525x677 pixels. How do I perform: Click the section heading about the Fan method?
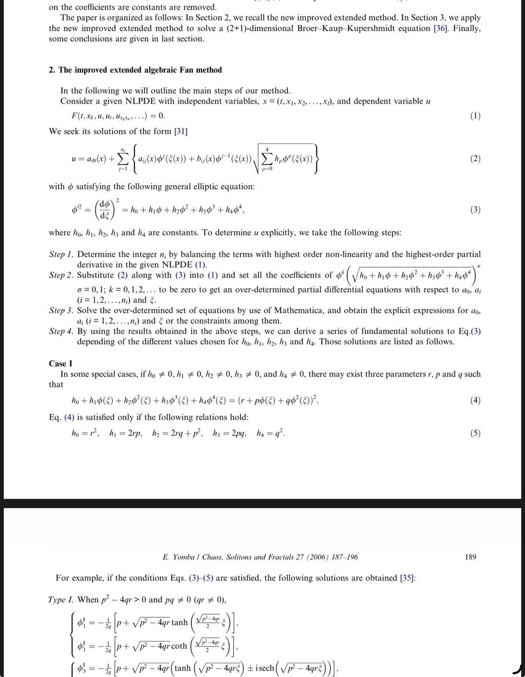click(x=135, y=70)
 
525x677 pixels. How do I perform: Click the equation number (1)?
click(x=475, y=116)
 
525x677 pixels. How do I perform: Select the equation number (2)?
click(x=475, y=159)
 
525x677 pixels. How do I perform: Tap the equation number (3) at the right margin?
click(x=475, y=209)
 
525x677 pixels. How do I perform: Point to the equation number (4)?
click(x=475, y=400)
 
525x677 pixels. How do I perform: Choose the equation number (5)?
click(x=475, y=433)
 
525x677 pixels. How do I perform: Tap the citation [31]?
click(x=181, y=131)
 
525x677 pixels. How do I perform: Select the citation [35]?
click(x=408, y=578)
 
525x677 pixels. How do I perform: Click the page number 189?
click(x=471, y=556)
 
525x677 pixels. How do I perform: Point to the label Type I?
click(x=61, y=599)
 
